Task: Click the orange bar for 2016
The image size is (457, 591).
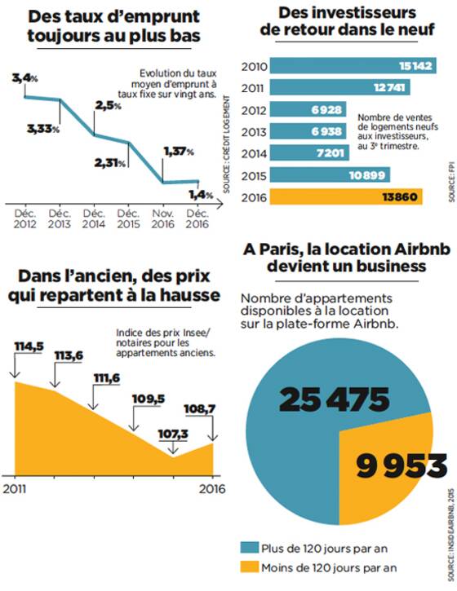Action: pyautogui.click(x=346, y=196)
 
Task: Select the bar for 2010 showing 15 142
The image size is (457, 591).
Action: pyautogui.click(x=353, y=65)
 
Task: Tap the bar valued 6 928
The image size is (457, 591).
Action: pyautogui.click(x=308, y=109)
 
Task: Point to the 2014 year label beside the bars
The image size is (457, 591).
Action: pyautogui.click(x=254, y=154)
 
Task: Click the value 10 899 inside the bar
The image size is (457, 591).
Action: pyautogui.click(x=366, y=175)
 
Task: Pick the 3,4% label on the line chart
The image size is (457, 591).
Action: pyautogui.click(x=25, y=78)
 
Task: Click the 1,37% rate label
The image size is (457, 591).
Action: pyautogui.click(x=179, y=152)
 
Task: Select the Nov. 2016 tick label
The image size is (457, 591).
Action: pyautogui.click(x=162, y=219)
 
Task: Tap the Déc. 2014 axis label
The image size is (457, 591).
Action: pyautogui.click(x=94, y=219)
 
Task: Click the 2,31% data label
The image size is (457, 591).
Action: pyautogui.click(x=110, y=163)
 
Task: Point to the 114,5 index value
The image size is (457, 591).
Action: pyautogui.click(x=29, y=346)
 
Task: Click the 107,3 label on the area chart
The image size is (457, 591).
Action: pyautogui.click(x=173, y=434)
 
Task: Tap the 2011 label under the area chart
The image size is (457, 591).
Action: pyautogui.click(x=15, y=489)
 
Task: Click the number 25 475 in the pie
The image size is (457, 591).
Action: pyautogui.click(x=335, y=399)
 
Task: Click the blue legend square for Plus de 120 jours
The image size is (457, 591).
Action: pyautogui.click(x=250, y=548)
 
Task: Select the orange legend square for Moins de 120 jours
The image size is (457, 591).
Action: pyautogui.click(x=250, y=567)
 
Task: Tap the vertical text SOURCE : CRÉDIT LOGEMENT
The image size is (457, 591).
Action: pyautogui.click(x=226, y=144)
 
